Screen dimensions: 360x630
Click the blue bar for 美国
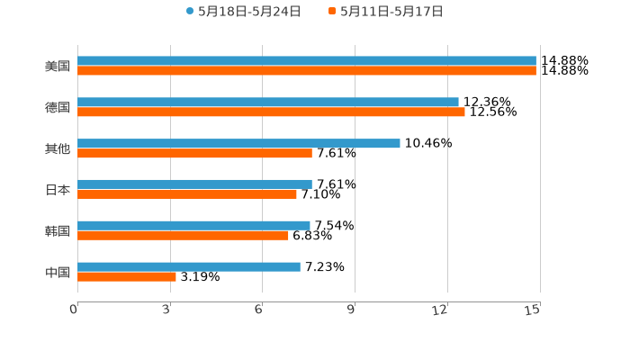pyautogui.click(x=306, y=61)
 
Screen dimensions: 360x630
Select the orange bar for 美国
pyautogui.click(x=306, y=71)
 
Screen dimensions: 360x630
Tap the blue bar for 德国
pyautogui.click(x=268, y=103)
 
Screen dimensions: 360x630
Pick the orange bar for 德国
pyautogui.click(x=271, y=112)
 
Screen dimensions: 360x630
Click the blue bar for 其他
pyautogui.click(x=238, y=143)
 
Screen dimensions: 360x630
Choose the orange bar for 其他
pyautogui.click(x=194, y=153)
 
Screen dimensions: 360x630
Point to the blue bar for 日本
pyautogui.click(x=194, y=184)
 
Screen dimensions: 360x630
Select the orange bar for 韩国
pyautogui.click(x=183, y=235)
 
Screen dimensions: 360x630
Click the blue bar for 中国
pyautogui.click(x=189, y=266)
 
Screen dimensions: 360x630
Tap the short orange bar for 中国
pyautogui.click(x=127, y=276)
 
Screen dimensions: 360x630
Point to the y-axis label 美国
pyautogui.click(x=58, y=67)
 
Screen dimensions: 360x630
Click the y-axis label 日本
pyautogui.click(x=58, y=190)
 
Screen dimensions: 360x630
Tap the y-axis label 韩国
pyautogui.click(x=58, y=231)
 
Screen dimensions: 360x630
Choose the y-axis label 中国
pyautogui.click(x=58, y=272)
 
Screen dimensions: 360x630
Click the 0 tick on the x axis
pyautogui.click(x=75, y=310)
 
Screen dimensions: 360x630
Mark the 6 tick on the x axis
pyautogui.click(x=259, y=310)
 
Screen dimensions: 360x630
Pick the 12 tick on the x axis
pyautogui.click(x=441, y=310)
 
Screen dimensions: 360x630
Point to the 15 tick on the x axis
pyautogui.click(x=533, y=310)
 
